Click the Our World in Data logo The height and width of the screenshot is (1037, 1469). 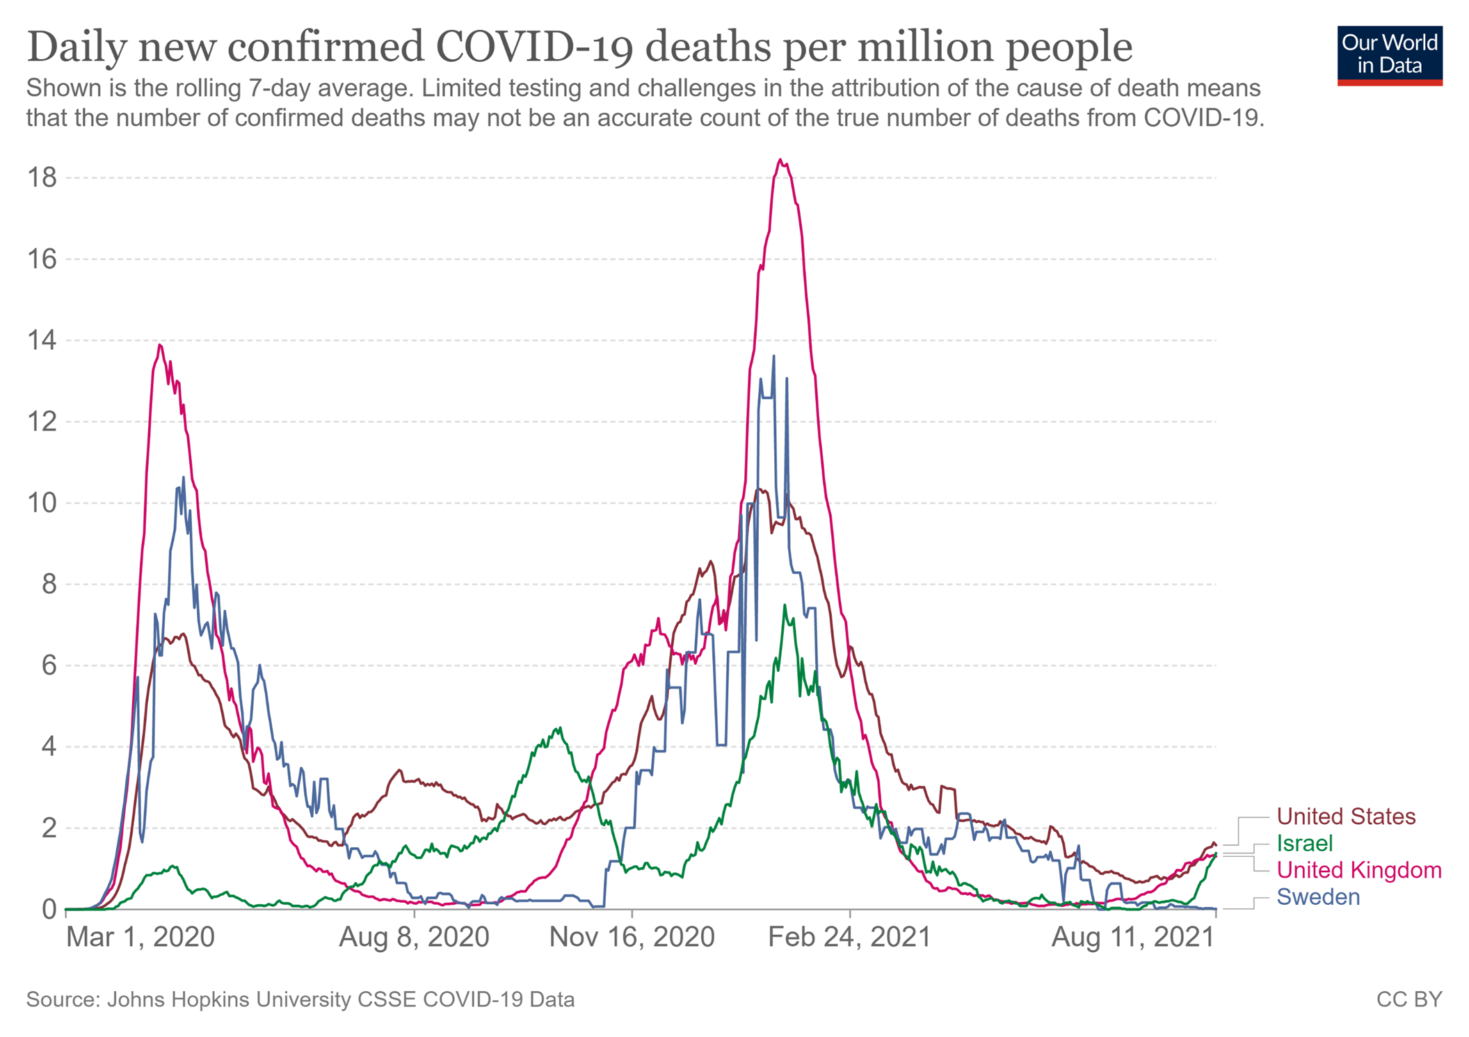click(1389, 55)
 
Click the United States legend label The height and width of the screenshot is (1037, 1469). click(1346, 817)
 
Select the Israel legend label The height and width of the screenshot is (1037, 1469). click(1305, 844)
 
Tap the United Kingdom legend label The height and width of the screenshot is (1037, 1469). click(1359, 870)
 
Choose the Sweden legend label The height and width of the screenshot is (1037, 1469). click(1318, 897)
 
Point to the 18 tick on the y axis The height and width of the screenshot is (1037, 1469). click(42, 178)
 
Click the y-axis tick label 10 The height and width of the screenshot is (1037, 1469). click(42, 503)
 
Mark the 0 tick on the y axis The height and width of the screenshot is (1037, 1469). click(49, 909)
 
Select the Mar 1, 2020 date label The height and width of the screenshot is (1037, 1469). click(140, 938)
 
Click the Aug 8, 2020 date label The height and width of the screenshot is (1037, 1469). click(414, 938)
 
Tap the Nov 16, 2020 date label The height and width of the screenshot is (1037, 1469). click(632, 938)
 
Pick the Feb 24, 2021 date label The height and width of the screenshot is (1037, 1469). click(849, 938)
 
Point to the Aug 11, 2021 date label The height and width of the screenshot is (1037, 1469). click(1133, 938)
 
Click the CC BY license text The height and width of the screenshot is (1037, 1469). click(1409, 999)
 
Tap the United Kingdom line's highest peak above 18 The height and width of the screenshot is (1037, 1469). click(780, 160)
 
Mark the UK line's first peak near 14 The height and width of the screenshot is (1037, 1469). click(160, 345)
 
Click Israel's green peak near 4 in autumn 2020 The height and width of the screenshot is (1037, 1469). click(559, 728)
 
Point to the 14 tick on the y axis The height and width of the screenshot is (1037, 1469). click(42, 341)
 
